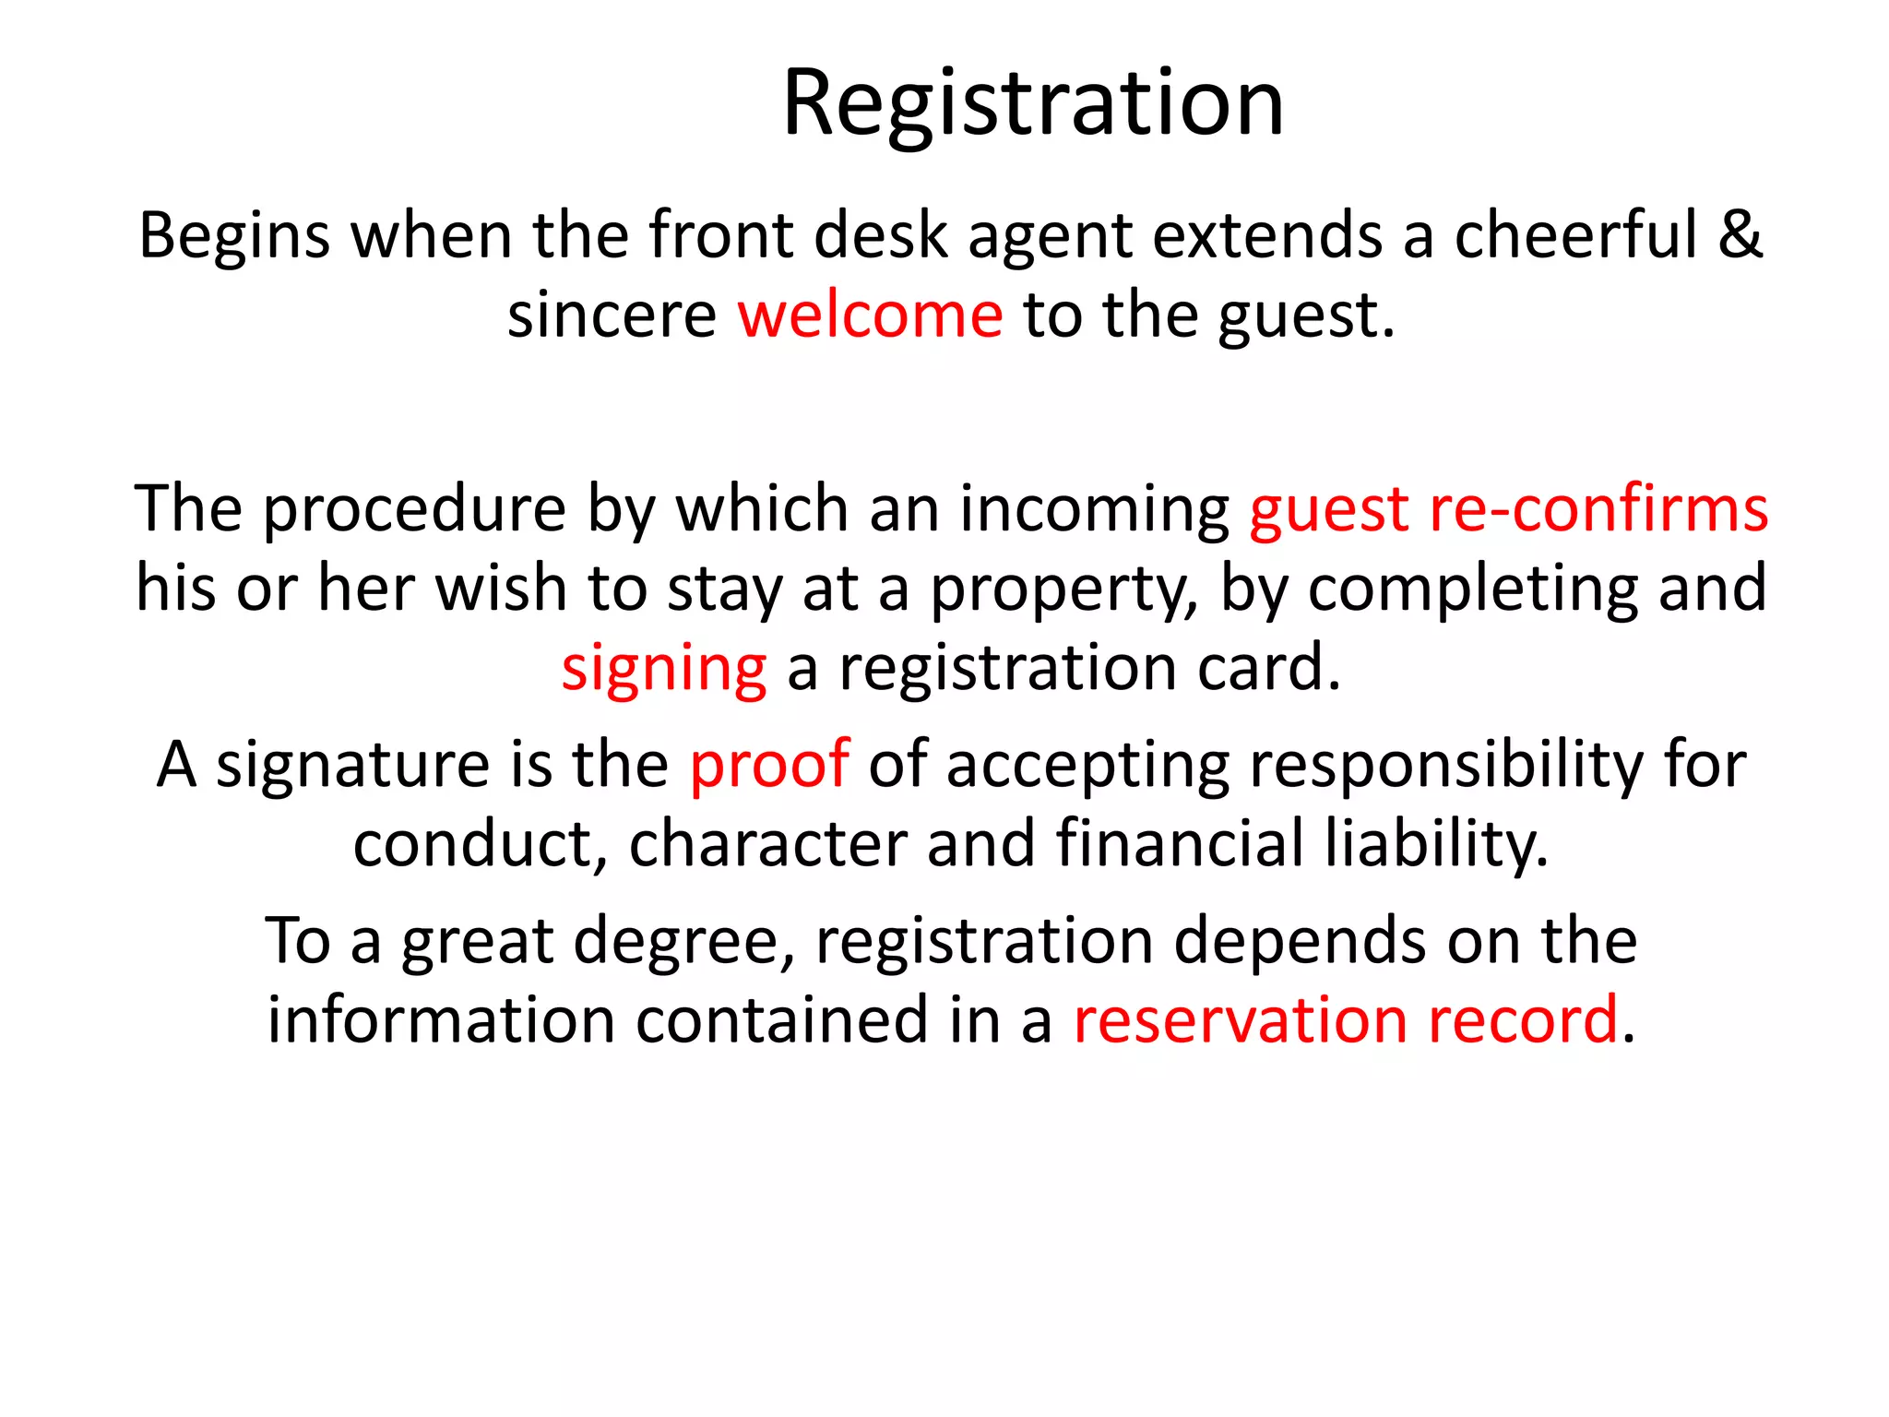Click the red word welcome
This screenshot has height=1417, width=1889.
coord(870,316)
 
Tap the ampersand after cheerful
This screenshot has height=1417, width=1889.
coord(1740,235)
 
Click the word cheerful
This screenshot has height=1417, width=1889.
coord(1575,235)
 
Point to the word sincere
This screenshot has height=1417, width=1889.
coord(612,316)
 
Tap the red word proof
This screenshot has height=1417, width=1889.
coord(768,766)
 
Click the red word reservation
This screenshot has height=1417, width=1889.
coord(1241,1020)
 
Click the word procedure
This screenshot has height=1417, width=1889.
coord(415,509)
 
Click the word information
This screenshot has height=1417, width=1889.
coord(441,1020)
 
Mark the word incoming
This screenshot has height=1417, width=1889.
coord(1095,509)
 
